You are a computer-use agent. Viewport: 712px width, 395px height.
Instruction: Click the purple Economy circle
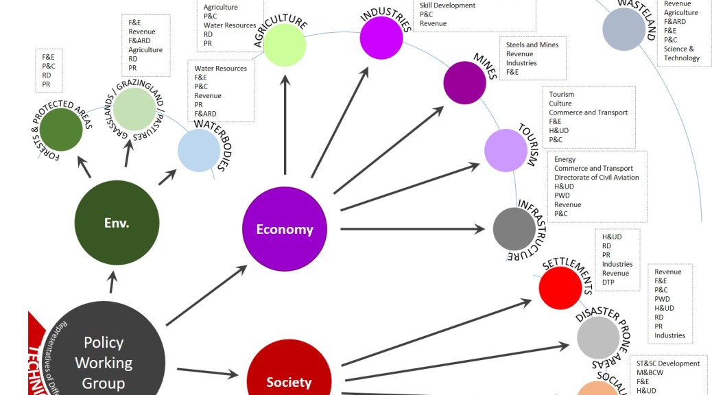coord(285,229)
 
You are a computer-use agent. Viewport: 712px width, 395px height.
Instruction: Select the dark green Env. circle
coord(117,223)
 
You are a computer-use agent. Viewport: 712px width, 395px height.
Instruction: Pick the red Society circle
coord(289,379)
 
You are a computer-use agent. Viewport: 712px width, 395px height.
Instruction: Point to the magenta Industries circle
coord(381,37)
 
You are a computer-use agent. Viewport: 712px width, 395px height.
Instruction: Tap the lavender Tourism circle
coord(506,150)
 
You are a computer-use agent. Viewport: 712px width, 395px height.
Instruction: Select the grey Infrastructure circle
coord(514,229)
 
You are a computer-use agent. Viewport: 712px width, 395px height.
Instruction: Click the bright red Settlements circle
coord(560,287)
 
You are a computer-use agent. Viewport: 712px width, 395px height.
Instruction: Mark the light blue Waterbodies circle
coord(199,150)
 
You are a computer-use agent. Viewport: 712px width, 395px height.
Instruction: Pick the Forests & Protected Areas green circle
coord(61,130)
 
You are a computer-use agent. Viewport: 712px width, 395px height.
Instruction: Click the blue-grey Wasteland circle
coord(624,29)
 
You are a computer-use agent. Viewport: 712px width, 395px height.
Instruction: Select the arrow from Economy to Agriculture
coord(285,123)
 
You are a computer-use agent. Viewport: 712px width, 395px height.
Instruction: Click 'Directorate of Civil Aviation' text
coord(596,178)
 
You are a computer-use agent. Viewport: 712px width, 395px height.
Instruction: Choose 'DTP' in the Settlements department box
coord(608,282)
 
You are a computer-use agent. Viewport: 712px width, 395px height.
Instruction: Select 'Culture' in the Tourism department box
coord(560,104)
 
